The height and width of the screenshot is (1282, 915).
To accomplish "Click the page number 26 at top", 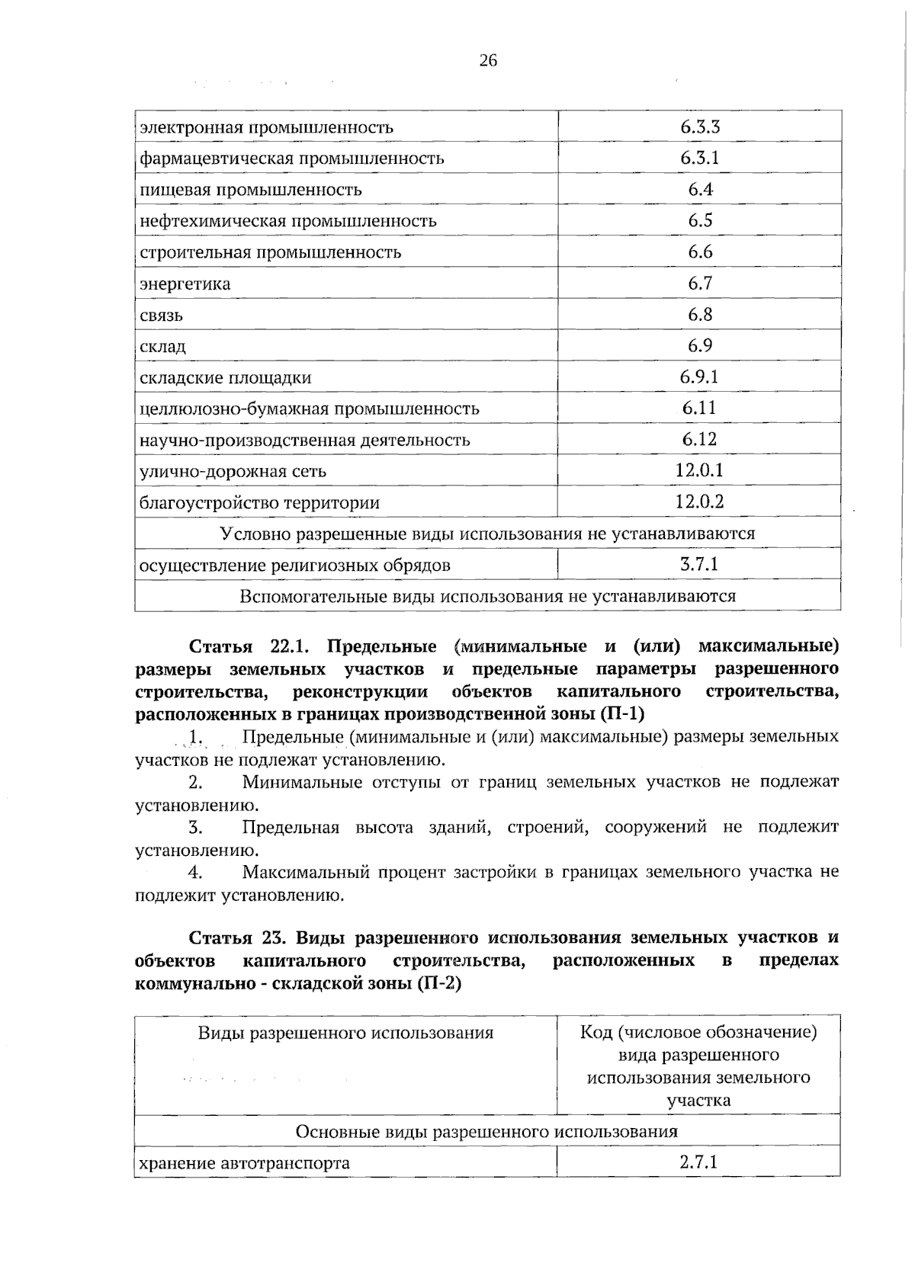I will click(488, 61).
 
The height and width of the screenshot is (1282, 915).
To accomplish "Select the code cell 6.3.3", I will click(699, 127).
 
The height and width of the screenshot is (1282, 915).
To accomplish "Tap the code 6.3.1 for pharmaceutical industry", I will click(699, 158).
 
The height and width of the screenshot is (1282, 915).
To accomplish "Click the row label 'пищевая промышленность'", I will click(251, 190).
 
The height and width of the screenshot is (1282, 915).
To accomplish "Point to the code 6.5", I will click(699, 220).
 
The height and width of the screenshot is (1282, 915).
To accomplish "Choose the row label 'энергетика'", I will click(185, 284).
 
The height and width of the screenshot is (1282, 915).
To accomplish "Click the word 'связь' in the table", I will click(161, 316).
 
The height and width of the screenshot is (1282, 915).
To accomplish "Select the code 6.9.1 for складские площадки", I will click(699, 377).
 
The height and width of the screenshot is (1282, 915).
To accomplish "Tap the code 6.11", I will click(699, 408).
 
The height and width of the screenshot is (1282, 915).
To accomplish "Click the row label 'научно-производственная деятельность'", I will click(305, 441).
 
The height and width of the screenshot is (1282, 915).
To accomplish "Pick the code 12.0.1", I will click(699, 470).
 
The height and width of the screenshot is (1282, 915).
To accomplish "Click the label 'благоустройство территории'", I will click(260, 503).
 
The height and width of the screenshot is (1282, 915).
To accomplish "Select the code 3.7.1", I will click(699, 565).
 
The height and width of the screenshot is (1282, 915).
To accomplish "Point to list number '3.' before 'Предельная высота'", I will click(195, 827).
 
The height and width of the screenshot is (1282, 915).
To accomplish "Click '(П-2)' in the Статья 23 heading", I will click(439, 982).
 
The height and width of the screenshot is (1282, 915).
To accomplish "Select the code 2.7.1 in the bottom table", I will click(699, 1162).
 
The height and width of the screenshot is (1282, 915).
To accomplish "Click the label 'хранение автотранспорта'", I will click(245, 1164).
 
